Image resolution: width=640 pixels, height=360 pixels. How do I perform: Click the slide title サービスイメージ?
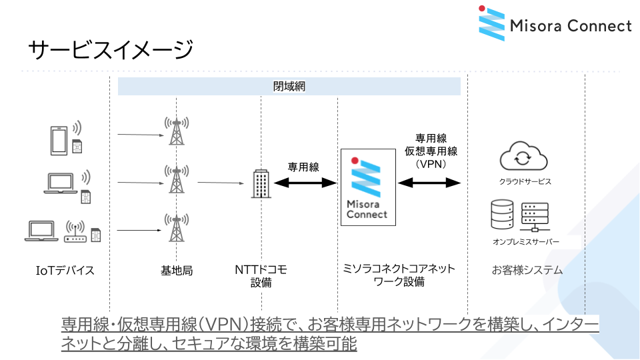(111, 49)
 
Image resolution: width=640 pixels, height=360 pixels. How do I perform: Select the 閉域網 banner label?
(289, 87)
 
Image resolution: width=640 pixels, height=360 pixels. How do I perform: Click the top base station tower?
(176, 131)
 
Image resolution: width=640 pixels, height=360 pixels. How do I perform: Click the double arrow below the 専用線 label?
(304, 183)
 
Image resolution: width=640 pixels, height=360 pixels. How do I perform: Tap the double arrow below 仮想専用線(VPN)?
(430, 182)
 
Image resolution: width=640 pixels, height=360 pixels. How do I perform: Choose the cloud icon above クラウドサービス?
(523, 157)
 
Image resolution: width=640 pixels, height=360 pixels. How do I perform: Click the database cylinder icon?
(501, 215)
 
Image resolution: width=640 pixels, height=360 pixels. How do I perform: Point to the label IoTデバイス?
(65, 270)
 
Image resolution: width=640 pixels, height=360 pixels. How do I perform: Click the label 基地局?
(177, 270)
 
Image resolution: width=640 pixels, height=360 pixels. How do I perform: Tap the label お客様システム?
(527, 270)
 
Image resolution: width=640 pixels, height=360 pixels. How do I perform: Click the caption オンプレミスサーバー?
(526, 241)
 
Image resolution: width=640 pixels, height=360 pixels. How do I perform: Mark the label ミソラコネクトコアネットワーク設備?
(399, 275)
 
